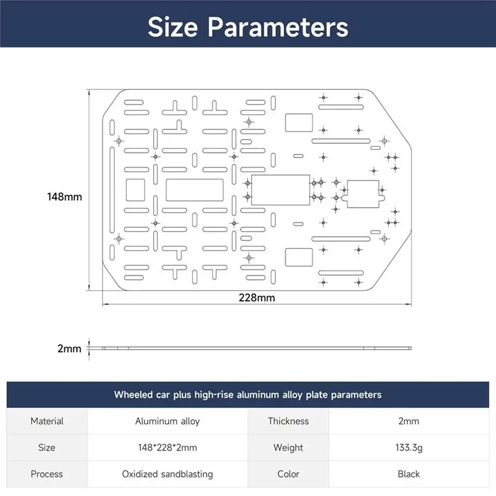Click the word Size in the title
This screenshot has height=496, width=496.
(x=173, y=27)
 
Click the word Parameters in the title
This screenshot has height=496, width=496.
(x=278, y=27)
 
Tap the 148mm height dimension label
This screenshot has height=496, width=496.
(x=64, y=197)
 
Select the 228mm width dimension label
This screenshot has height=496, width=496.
(x=257, y=298)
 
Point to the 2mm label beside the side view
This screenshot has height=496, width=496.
(x=69, y=348)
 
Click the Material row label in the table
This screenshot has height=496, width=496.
(x=47, y=421)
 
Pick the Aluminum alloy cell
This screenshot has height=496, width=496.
(x=167, y=422)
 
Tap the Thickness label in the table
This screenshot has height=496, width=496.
(x=288, y=421)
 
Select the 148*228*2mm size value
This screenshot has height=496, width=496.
(x=167, y=448)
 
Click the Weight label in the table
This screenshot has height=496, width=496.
(x=288, y=448)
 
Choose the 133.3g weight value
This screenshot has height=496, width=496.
(x=409, y=448)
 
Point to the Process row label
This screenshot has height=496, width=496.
(x=47, y=474)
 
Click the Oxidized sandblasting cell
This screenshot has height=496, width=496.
(x=167, y=474)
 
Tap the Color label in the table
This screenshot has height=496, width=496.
(x=288, y=474)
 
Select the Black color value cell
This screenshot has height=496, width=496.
(x=409, y=474)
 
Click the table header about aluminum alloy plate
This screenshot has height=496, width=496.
(x=247, y=395)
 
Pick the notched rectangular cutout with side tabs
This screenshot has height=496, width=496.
(x=363, y=194)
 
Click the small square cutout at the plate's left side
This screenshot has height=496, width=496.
(x=135, y=190)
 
